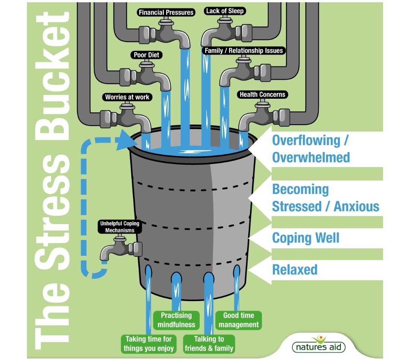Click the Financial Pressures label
click(166, 12)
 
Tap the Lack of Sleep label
click(225, 11)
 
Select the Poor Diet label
click(146, 55)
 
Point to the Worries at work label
click(127, 97)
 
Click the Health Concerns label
click(262, 95)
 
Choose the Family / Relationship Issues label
click(244, 51)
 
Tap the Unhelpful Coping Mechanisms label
click(119, 227)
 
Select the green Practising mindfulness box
click(176, 320)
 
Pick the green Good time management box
click(239, 320)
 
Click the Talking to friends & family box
click(209, 344)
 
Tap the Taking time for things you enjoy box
click(149, 344)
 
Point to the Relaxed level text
click(295, 270)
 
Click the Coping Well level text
click(306, 238)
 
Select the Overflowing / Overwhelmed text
click(311, 148)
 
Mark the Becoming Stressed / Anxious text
click(325, 198)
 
